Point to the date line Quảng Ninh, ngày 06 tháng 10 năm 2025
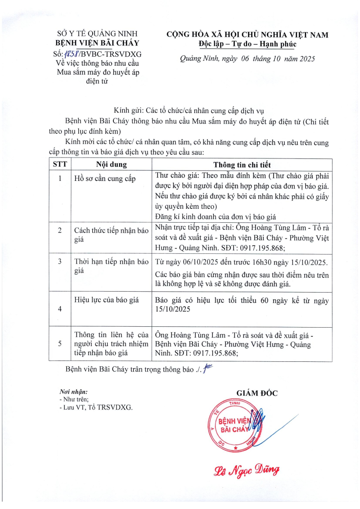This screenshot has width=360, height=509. (x=247, y=59)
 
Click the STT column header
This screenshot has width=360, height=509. (x=60, y=164)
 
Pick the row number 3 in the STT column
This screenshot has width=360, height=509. (x=60, y=261)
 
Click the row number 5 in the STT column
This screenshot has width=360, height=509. (x=60, y=343)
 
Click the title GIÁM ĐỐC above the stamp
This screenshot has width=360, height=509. (x=257, y=393)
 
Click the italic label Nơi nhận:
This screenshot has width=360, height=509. (x=73, y=392)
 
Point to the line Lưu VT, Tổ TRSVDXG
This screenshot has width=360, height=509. (x=96, y=407)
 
